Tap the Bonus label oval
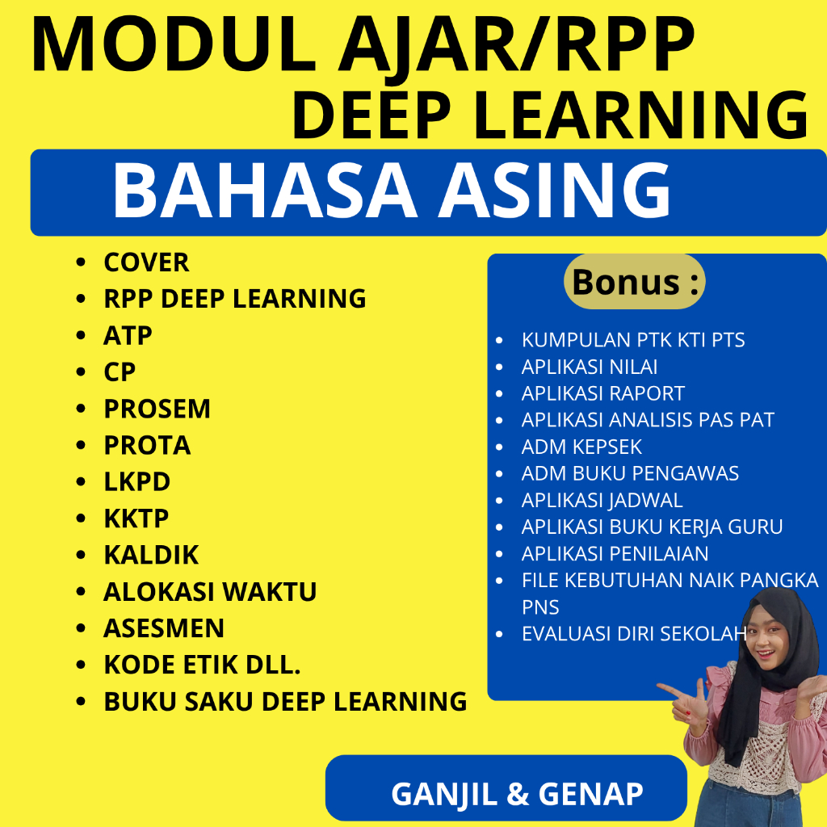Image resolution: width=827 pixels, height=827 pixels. click(634, 282)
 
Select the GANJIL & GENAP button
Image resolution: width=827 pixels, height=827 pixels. click(517, 793)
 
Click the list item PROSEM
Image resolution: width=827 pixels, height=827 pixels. click(157, 409)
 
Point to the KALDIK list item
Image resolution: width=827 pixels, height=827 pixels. click(151, 555)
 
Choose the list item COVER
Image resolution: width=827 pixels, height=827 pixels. click(146, 262)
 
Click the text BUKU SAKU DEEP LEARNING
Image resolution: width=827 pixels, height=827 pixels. click(285, 701)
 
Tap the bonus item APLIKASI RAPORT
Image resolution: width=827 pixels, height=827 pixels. click(602, 393)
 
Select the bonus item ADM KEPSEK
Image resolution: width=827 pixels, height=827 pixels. click(581, 447)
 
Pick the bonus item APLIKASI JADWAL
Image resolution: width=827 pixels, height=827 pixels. click(602, 500)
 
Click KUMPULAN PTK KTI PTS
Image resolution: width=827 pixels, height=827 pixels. click(633, 340)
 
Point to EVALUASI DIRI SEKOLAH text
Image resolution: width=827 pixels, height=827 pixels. click(632, 633)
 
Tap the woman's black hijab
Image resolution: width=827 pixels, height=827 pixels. click(747, 695)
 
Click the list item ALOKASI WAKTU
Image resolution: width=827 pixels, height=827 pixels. click(210, 591)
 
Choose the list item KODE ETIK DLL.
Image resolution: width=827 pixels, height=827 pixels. click(202, 665)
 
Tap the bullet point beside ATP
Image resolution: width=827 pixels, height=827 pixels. click(81, 336)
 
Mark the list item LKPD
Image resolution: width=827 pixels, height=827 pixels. click(136, 481)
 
